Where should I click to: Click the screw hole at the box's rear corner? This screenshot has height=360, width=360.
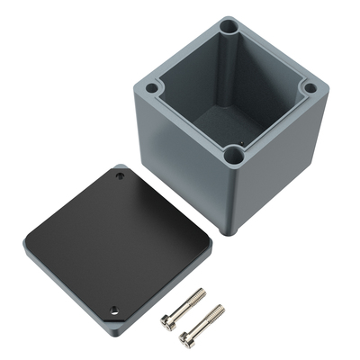229,28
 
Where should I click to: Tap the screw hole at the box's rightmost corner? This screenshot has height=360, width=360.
309,88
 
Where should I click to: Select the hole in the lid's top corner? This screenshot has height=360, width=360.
121,176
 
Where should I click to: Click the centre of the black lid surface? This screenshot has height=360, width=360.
119,241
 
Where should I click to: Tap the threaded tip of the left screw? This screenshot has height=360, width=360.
202,292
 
